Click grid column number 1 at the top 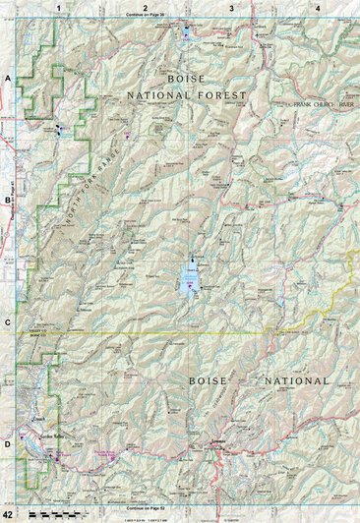pyautogui.click(x=58, y=7)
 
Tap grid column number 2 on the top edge pyautogui.click(x=145, y=7)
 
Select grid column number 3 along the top pyautogui.click(x=231, y=7)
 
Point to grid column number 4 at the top pyautogui.click(x=317, y=7)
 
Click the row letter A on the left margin pyautogui.click(x=7, y=77)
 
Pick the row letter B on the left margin pyautogui.click(x=7, y=200)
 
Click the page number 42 pyautogui.click(x=9, y=515)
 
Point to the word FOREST pyautogui.click(x=222, y=95)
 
